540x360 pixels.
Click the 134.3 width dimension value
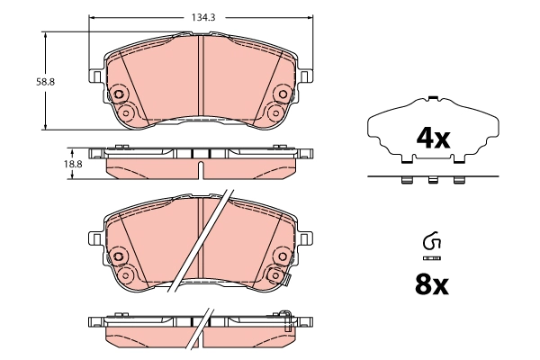coord(202,16)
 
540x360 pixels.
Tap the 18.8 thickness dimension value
coord(72,164)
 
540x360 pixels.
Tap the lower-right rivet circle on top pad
coord(276,112)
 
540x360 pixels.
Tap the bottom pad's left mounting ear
coord(94,238)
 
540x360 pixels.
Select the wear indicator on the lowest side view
coord(286,318)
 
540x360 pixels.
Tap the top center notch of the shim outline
coord(433,98)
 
